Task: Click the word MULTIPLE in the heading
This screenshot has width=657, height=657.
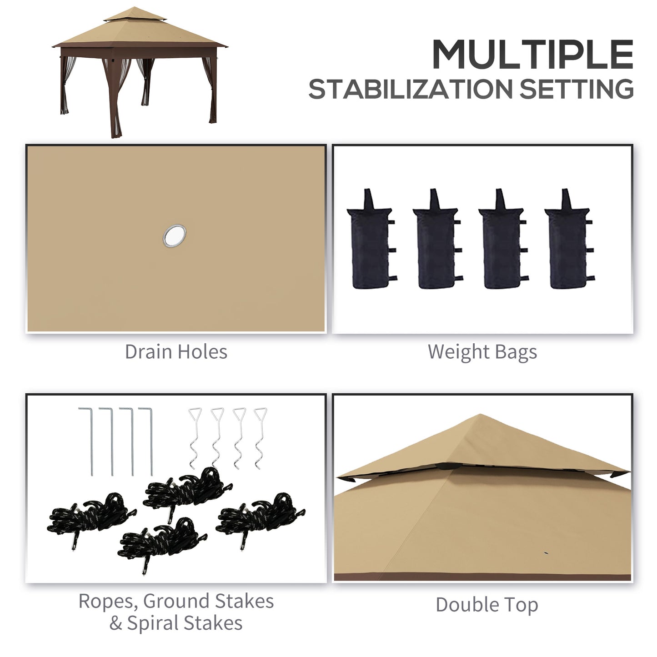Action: (532, 55)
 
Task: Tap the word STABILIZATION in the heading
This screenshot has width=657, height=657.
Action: (411, 89)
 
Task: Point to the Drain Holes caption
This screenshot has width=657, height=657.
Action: (176, 352)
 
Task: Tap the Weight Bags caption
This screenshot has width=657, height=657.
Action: (482, 352)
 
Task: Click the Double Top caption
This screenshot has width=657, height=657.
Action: (486, 605)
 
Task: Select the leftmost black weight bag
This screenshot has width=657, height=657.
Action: (369, 246)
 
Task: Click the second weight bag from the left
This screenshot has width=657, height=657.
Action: (436, 246)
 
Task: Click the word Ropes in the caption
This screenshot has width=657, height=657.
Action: (108, 602)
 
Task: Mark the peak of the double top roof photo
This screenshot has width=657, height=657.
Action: (481, 415)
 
